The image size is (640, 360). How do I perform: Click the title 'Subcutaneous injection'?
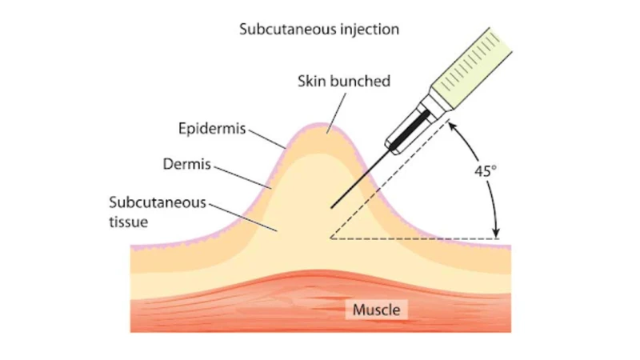pos(319,30)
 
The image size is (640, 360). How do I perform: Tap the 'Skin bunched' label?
pos(344,82)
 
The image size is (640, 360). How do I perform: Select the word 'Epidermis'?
pos(212,129)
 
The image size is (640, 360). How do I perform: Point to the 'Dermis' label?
pos(187,164)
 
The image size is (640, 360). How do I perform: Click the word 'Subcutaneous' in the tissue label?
pos(158,202)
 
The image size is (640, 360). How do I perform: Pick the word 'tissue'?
pos(129,222)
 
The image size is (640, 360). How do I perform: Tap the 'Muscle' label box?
pos(376,310)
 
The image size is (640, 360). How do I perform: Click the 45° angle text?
pos(486,171)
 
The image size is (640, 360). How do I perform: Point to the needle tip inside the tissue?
pos(331,208)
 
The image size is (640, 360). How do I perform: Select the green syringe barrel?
pos(471,69)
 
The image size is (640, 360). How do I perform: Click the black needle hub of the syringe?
pos(410,130)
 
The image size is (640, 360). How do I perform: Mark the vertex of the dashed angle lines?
pos(330,238)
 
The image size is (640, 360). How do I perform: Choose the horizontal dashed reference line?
pos(414,238)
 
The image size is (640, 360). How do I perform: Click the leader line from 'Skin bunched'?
pos(336,114)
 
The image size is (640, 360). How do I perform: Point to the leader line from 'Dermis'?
pos(242,178)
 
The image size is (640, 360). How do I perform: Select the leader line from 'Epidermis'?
pos(267,139)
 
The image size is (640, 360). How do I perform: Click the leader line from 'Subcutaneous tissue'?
pos(243,218)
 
